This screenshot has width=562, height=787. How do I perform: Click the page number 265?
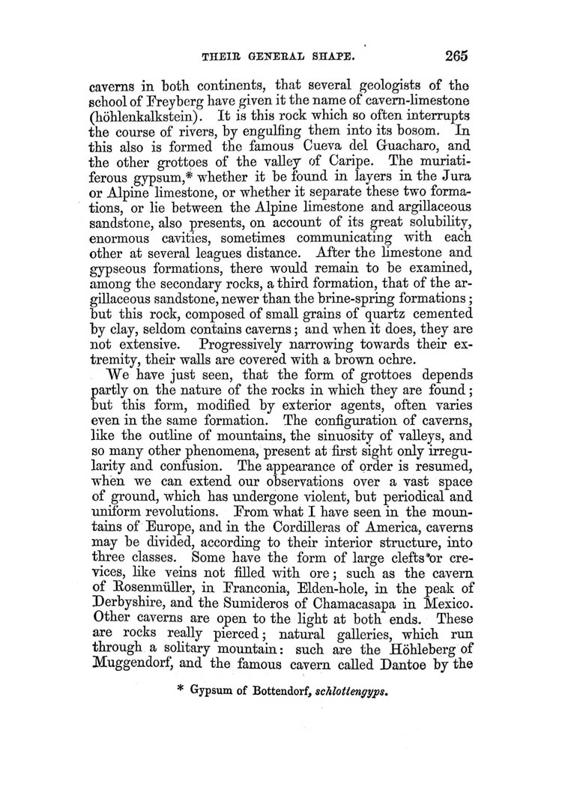pos(456,54)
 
